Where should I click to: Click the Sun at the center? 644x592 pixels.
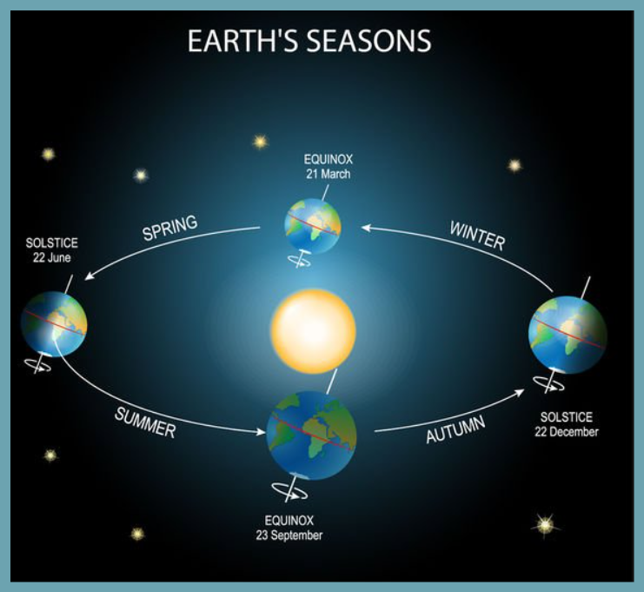(x=313, y=331)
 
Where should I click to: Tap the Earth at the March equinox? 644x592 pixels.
(x=313, y=226)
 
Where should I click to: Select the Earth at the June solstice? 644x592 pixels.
(x=54, y=324)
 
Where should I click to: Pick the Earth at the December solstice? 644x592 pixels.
(x=568, y=335)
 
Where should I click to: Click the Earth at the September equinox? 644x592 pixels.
(x=311, y=436)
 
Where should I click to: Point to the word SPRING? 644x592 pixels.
(x=170, y=228)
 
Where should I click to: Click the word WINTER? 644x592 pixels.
(x=477, y=236)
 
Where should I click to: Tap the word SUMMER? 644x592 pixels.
(x=145, y=423)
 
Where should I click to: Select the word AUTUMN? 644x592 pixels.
(x=455, y=429)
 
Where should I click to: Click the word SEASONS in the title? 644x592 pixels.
(x=368, y=40)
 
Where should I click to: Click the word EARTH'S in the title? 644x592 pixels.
(x=243, y=40)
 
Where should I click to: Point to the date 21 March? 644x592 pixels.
(x=329, y=174)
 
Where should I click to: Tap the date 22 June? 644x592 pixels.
(x=52, y=258)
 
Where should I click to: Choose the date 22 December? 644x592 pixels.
(x=567, y=432)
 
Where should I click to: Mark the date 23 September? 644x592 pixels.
(x=289, y=535)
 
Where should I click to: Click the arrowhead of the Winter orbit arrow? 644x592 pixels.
(x=365, y=228)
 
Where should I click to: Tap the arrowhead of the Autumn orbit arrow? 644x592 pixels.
(x=520, y=391)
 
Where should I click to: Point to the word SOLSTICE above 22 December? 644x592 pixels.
(x=567, y=417)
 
